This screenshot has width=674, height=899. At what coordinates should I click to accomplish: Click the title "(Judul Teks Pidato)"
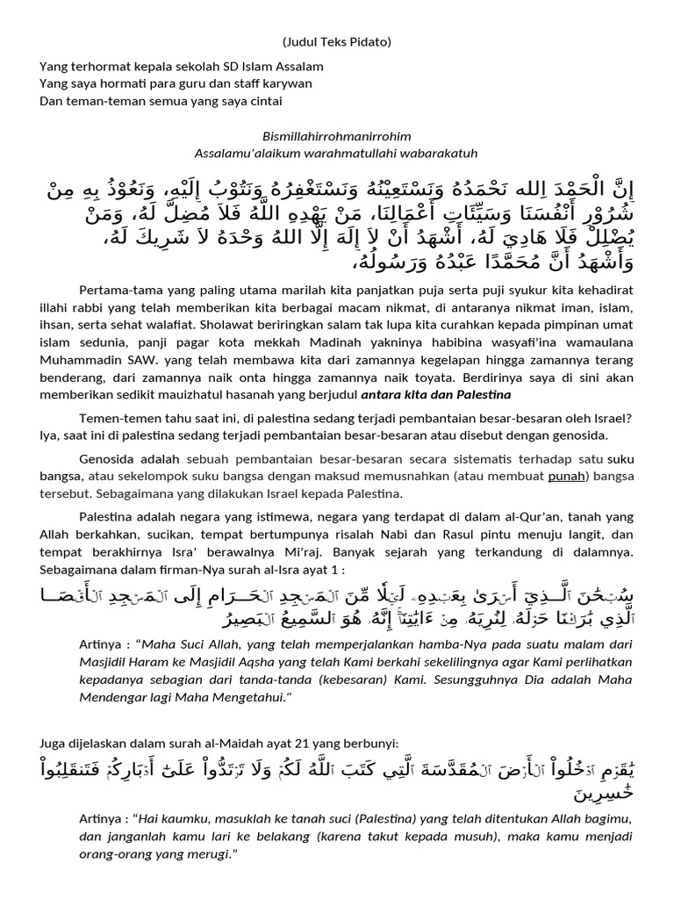(337, 42)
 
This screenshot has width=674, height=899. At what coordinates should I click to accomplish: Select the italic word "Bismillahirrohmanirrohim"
(337, 137)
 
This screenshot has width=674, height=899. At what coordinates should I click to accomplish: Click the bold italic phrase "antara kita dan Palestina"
(436, 395)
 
